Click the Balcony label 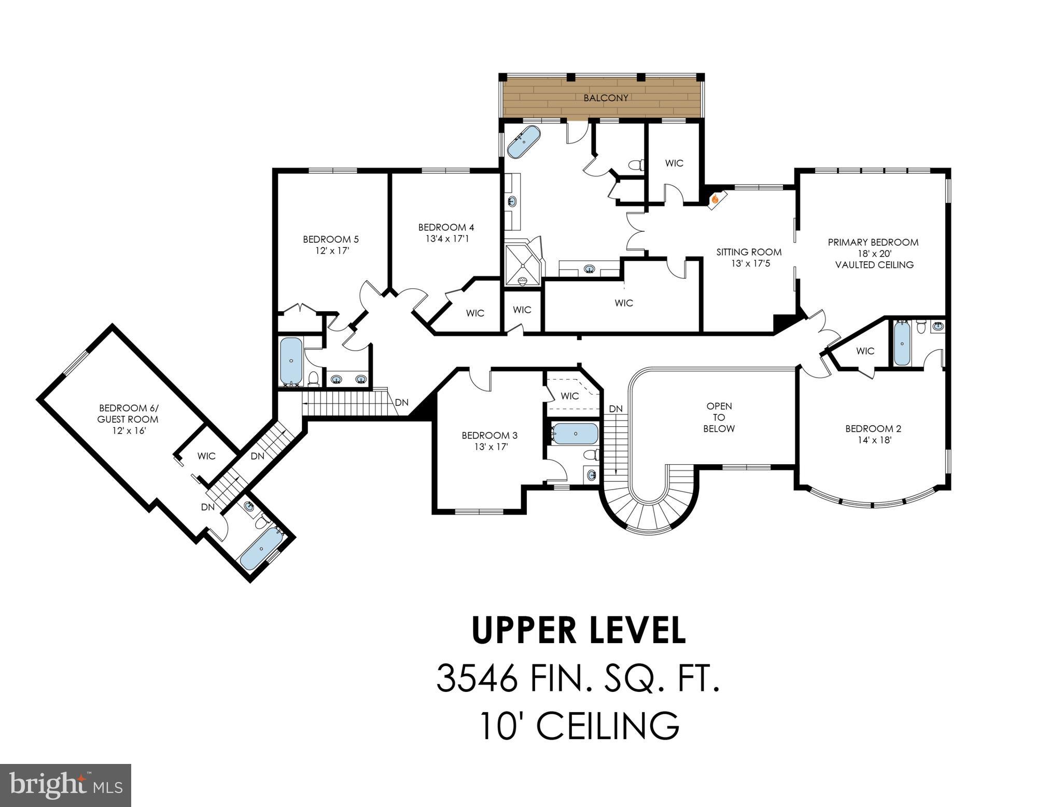click(606, 98)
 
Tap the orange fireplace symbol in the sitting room click(715, 198)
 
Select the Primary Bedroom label click(873, 242)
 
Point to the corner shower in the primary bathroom click(523, 265)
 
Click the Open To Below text click(719, 418)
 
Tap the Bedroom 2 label click(873, 428)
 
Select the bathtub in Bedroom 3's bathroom click(575, 433)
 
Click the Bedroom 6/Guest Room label click(128, 413)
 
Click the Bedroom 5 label click(331, 239)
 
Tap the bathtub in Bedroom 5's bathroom click(291, 359)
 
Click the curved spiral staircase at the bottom click(648, 511)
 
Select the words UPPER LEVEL click(578, 630)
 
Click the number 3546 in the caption click(477, 678)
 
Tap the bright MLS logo click(66, 785)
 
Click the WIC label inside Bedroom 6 click(206, 456)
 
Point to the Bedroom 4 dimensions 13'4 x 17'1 click(446, 239)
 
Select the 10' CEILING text click(578, 726)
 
